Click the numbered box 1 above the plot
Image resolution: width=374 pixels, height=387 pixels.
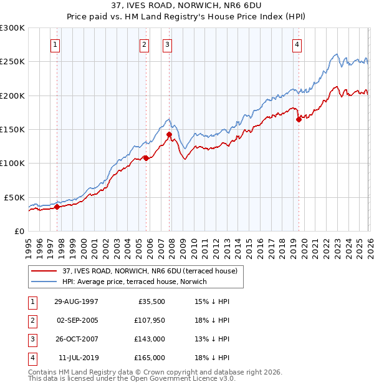[56, 44]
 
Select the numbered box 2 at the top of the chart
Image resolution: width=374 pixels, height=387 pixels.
[144, 44]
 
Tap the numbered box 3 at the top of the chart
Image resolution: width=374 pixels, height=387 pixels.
[168, 44]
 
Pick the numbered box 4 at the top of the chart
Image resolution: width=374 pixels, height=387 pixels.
[297, 44]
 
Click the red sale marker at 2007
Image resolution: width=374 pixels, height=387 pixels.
[169, 134]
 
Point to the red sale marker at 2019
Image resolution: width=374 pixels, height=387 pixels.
[299, 119]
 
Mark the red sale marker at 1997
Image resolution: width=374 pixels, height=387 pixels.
[57, 207]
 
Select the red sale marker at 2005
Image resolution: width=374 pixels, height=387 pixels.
[146, 158]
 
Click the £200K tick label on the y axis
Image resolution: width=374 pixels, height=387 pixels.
[12, 96]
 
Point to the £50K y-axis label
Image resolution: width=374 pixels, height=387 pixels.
[14, 197]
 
